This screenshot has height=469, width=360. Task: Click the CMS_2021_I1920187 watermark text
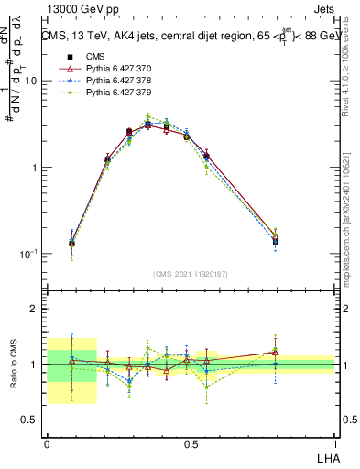pos(191,274)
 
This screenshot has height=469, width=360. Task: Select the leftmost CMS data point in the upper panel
pos(72,244)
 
